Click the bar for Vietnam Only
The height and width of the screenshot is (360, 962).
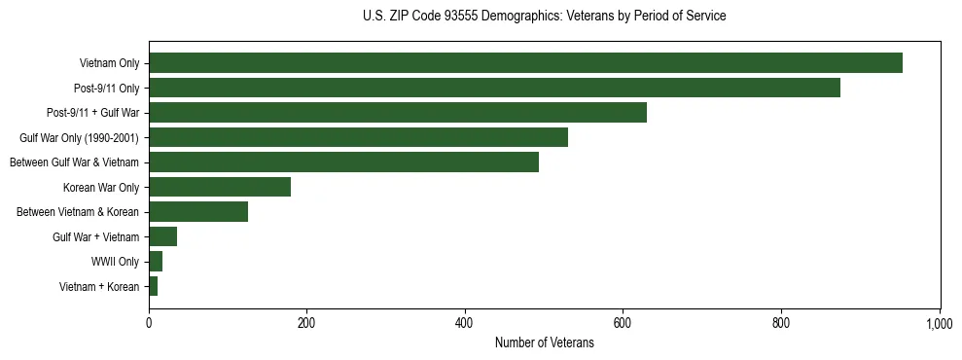pyautogui.click(x=525, y=63)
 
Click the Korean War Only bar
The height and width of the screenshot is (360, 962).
pyautogui.click(x=220, y=187)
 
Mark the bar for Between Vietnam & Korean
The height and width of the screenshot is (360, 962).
pyautogui.click(x=198, y=212)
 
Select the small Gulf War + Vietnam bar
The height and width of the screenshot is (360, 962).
pyautogui.click(x=162, y=236)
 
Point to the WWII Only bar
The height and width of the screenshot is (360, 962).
pyautogui.click(x=156, y=261)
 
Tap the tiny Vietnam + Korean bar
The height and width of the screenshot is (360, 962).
pyautogui.click(x=153, y=286)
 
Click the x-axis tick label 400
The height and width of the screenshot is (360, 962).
pyautogui.click(x=464, y=323)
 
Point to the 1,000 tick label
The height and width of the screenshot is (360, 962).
pyautogui.click(x=939, y=323)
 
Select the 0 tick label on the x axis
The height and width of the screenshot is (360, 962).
pyautogui.click(x=149, y=323)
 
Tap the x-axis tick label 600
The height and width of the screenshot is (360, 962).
pyautogui.click(x=623, y=323)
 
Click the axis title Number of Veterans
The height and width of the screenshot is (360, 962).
pyautogui.click(x=544, y=342)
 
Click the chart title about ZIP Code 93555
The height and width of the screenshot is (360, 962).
pyautogui.click(x=544, y=17)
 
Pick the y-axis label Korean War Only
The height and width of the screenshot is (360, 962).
pyautogui.click(x=101, y=188)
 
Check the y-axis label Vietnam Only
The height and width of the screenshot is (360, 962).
pyautogui.click(x=109, y=64)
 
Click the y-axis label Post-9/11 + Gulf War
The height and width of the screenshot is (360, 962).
pyautogui.click(x=93, y=113)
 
